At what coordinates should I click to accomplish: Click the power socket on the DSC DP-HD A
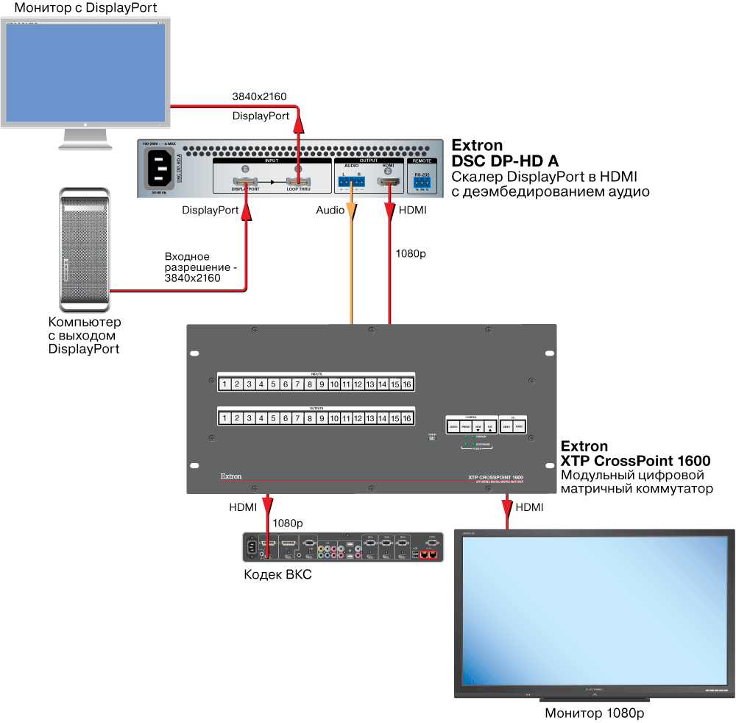pyautogui.click(x=163, y=169)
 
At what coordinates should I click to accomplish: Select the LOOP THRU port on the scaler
pyautogui.click(x=299, y=182)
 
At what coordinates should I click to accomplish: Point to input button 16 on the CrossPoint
pyautogui.click(x=406, y=384)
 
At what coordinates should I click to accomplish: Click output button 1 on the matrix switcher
pyautogui.click(x=224, y=418)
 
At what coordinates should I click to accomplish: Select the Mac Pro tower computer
pyautogui.click(x=83, y=250)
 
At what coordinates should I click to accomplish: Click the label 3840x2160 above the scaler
pyautogui.click(x=259, y=96)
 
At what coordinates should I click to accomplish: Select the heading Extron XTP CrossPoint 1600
pyautogui.click(x=635, y=454)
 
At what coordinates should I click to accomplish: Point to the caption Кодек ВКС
pyautogui.click(x=277, y=574)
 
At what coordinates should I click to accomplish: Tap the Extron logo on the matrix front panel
pyautogui.click(x=231, y=476)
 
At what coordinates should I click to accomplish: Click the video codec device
pyautogui.click(x=344, y=548)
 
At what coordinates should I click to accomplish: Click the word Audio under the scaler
pyautogui.click(x=330, y=211)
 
